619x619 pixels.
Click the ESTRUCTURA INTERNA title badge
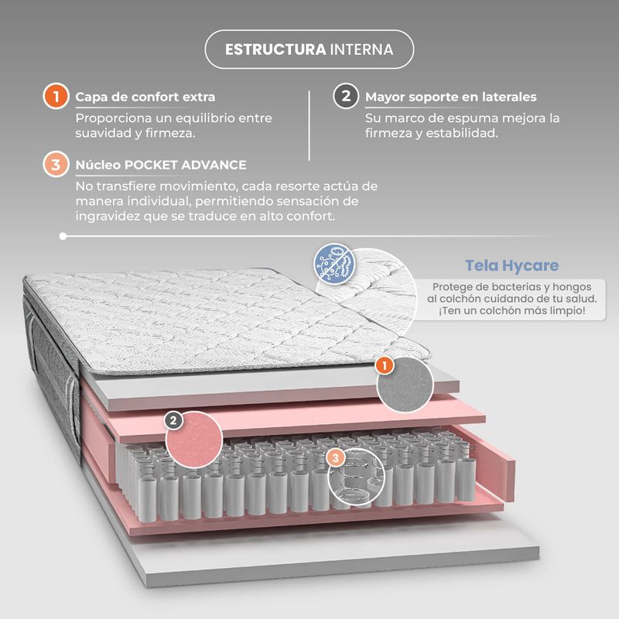pyautogui.click(x=309, y=50)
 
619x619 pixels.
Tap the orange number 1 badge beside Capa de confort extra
pyautogui.click(x=56, y=96)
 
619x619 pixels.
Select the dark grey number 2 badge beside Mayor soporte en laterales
pyautogui.click(x=346, y=96)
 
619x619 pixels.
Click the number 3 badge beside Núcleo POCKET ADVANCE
pyautogui.click(x=56, y=164)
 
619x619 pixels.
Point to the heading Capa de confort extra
pyautogui.click(x=145, y=97)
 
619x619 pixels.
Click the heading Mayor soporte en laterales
pyautogui.click(x=451, y=97)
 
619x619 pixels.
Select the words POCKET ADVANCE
pyautogui.click(x=185, y=165)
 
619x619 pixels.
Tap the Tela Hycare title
pyautogui.click(x=512, y=265)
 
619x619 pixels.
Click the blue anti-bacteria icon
pyautogui.click(x=334, y=264)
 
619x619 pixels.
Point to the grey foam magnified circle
pyautogui.click(x=405, y=385)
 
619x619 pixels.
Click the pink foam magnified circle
pyautogui.click(x=194, y=439)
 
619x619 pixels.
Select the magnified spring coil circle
pyautogui.click(x=356, y=477)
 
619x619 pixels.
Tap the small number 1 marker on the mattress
pyautogui.click(x=384, y=365)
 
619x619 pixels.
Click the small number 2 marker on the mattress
pyautogui.click(x=173, y=420)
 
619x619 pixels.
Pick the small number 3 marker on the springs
pyautogui.click(x=336, y=458)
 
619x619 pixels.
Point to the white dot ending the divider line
pyautogui.click(x=63, y=236)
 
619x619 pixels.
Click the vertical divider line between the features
pyautogui.click(x=309, y=125)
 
